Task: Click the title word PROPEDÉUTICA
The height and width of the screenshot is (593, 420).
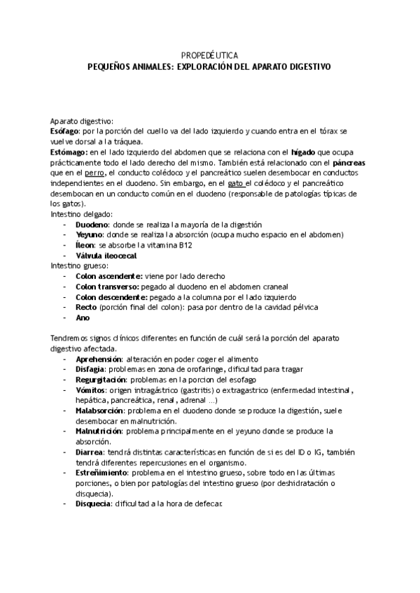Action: coord(209,55)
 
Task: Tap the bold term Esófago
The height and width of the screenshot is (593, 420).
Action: coord(64,131)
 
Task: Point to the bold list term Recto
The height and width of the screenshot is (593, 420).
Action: coord(86,307)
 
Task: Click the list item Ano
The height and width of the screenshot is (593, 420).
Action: coord(83,317)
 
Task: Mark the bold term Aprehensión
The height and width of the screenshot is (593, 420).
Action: coord(99,359)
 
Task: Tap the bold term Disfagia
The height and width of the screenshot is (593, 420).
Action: coord(90,369)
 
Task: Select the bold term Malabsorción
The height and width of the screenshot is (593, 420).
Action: coord(101,410)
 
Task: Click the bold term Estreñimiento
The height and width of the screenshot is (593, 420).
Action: coord(102,473)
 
